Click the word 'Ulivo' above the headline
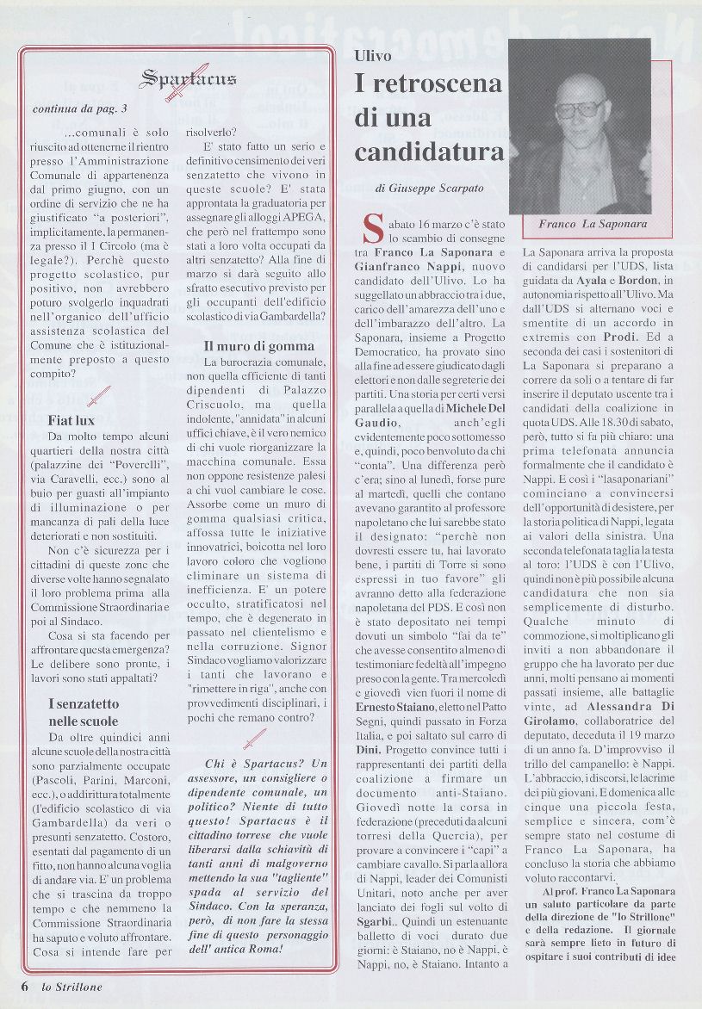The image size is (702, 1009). (x=372, y=56)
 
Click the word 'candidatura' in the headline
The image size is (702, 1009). (x=429, y=152)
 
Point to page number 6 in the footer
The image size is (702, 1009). (x=26, y=987)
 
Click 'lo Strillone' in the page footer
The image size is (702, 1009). (x=72, y=987)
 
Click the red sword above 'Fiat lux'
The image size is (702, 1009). (x=99, y=397)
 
